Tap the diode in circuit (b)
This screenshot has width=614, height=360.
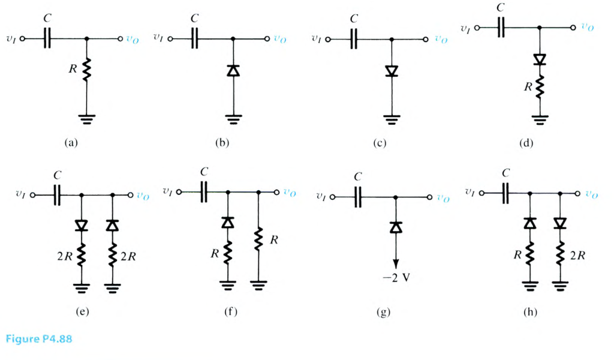pos(233,71)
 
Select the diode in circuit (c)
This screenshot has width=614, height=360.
pos(391,71)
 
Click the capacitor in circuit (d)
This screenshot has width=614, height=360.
pos(502,28)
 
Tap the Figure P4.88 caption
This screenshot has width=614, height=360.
pos(40,339)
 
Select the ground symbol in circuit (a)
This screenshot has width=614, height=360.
pos(87,118)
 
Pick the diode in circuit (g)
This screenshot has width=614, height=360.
pos(395,227)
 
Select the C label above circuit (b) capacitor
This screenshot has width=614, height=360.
pos(194,19)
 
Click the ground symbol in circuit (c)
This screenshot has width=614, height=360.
pos(391,118)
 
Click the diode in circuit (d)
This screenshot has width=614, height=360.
pos(540,59)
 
